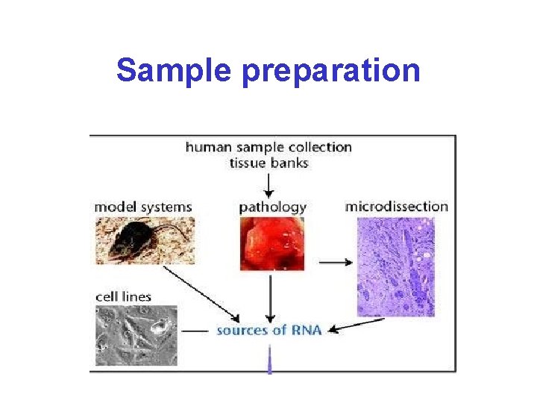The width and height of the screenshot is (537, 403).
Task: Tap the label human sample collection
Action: pos(268,147)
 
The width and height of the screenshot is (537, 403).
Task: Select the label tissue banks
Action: pos(268,163)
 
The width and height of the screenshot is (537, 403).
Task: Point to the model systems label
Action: pos(144,207)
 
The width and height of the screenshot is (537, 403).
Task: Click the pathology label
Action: pos(273,207)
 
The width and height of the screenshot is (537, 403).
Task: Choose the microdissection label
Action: pos(397,206)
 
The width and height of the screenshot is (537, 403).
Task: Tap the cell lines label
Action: pos(124,296)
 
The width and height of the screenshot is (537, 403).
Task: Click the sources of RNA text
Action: pos(269,329)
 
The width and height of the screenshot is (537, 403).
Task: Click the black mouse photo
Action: pos(145,240)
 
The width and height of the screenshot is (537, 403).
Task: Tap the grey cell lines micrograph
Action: pos(136,335)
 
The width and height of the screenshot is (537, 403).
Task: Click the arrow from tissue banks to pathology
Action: pos(269,184)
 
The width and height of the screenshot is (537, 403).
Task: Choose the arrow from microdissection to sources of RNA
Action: pos(357,325)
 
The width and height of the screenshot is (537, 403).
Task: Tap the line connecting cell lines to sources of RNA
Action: pos(195,329)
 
